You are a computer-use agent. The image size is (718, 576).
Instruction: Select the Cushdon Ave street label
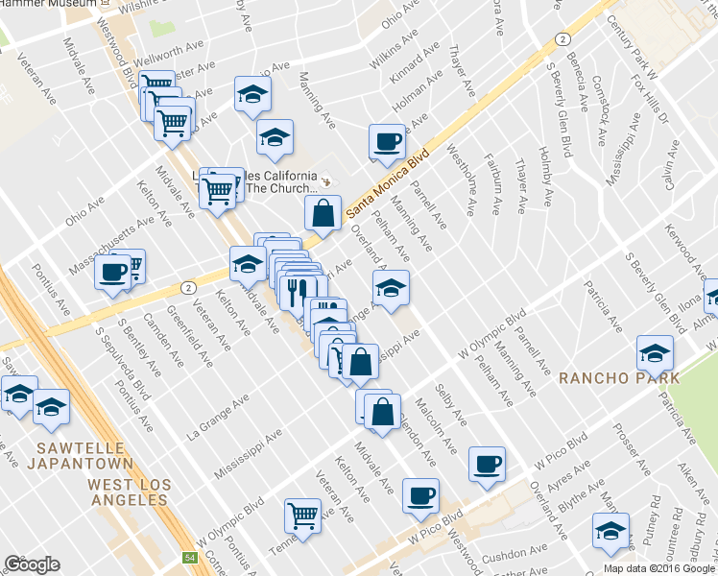(x=514, y=554)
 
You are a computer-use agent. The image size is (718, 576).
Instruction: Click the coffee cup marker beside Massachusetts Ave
(x=112, y=272)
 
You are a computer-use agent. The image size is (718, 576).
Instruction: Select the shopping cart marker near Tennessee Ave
(x=303, y=516)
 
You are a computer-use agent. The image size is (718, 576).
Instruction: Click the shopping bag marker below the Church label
(x=323, y=213)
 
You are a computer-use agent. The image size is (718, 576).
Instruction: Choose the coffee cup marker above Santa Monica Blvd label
(x=388, y=141)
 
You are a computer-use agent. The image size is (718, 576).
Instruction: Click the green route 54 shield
(x=190, y=558)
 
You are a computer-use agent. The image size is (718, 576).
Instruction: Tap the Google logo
(x=32, y=564)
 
